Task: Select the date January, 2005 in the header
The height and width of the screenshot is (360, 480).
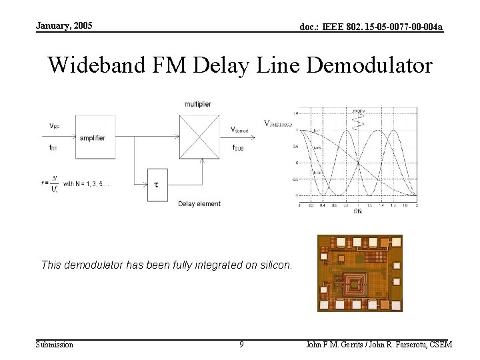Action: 64,26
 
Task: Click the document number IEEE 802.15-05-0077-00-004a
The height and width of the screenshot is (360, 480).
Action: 371,27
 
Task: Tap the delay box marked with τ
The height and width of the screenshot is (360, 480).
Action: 156,183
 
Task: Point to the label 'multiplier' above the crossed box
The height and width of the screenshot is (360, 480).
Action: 198,104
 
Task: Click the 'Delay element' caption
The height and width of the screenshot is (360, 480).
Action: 199,203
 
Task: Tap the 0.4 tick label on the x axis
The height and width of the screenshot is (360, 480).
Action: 323,206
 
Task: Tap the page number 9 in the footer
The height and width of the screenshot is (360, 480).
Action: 241,345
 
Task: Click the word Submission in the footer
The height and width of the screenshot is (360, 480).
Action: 55,345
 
